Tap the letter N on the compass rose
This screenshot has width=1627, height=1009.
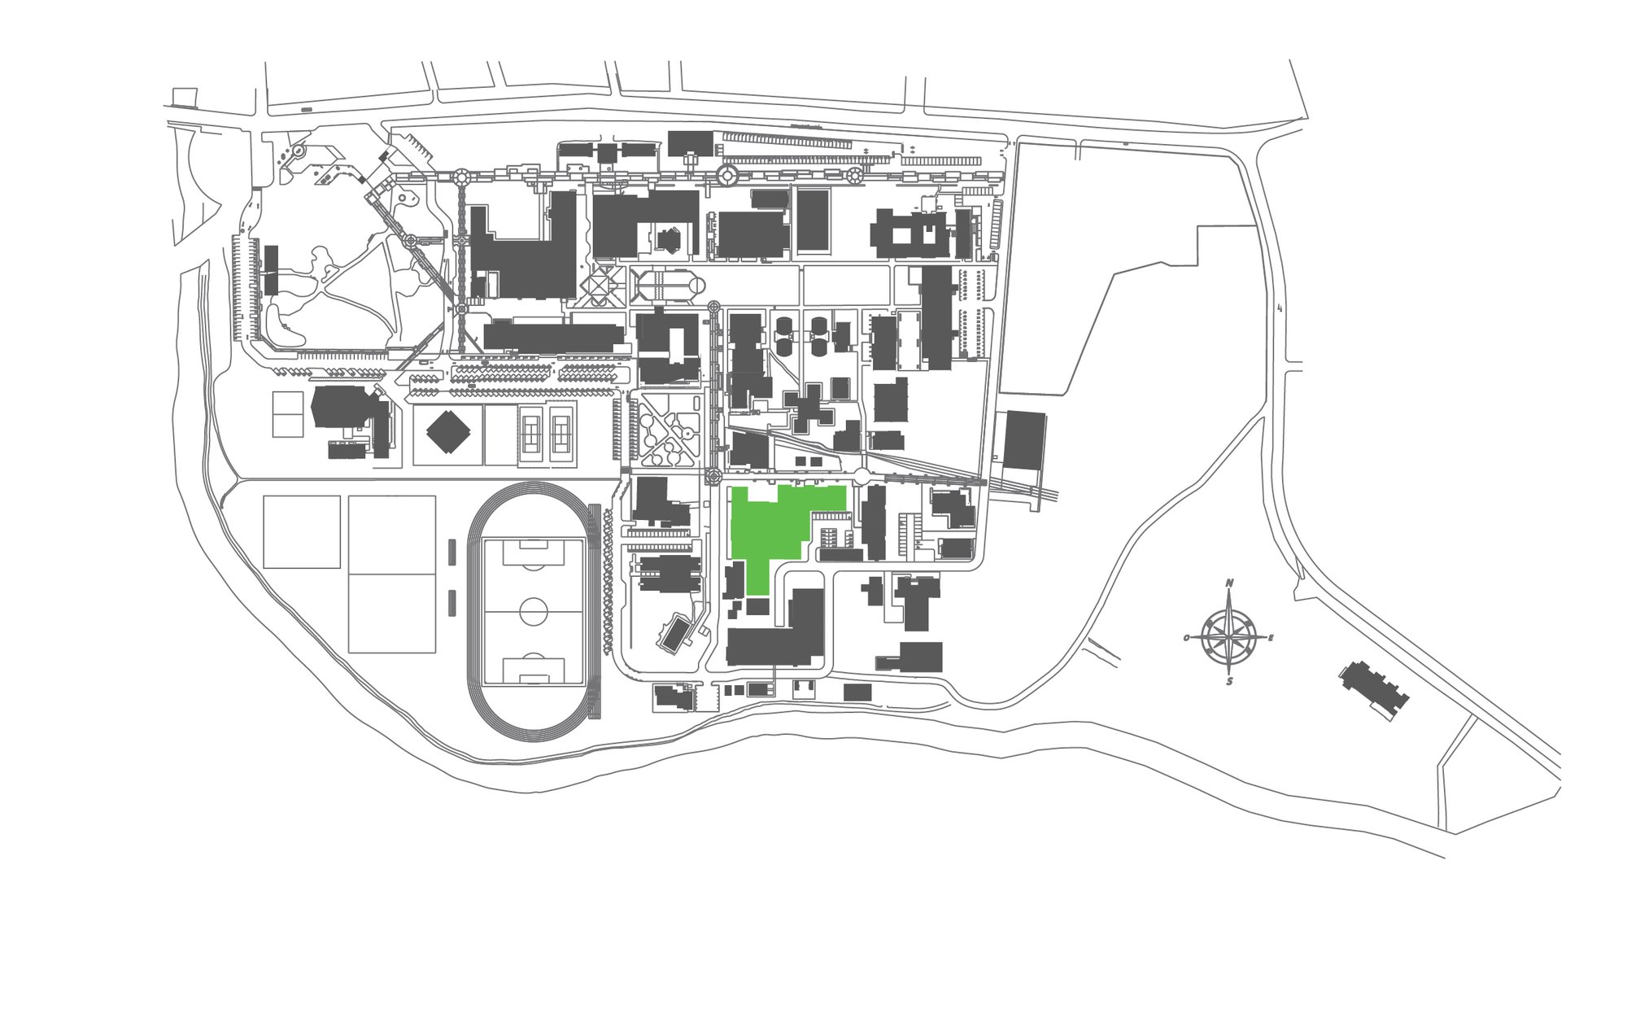click(x=1229, y=583)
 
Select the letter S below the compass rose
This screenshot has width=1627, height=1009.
click(x=1229, y=681)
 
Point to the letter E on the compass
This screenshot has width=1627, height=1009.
click(x=1271, y=638)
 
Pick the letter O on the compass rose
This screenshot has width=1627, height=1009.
click(x=1187, y=638)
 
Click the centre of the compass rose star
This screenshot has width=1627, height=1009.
click(x=1229, y=636)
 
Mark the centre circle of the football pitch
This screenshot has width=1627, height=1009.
click(x=534, y=611)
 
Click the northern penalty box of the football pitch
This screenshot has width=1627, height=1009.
click(x=534, y=553)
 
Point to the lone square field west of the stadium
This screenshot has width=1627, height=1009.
click(x=302, y=532)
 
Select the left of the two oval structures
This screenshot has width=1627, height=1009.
click(x=784, y=335)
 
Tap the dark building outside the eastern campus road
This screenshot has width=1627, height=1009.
click(x=1024, y=440)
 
